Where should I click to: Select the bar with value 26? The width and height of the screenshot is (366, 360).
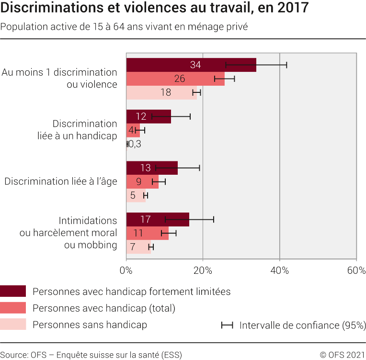tap(175, 79)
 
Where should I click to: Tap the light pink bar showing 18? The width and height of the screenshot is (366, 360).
tap(161, 92)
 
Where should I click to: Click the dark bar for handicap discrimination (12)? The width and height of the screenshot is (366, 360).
tap(149, 116)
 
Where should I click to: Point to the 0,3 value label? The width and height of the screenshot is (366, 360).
tap(135, 144)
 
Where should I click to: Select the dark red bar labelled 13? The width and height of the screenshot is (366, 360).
tap(151, 168)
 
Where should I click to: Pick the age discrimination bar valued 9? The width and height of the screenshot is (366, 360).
tap(142, 182)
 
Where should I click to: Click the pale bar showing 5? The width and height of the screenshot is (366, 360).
tap(136, 196)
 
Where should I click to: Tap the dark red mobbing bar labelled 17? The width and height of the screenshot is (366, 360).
tap(157, 220)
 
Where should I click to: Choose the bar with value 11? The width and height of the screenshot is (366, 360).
tap(147, 234)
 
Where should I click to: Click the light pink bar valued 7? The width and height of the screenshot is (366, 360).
tap(138, 247)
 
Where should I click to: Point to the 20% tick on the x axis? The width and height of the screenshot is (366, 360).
tap(203, 270)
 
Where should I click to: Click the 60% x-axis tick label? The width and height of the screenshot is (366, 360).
tap(355, 270)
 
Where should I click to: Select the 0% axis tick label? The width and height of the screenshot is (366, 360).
tap(126, 270)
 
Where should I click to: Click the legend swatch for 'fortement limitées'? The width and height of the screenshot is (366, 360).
tap(13, 291)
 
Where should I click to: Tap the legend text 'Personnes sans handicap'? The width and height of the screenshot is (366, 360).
tap(90, 325)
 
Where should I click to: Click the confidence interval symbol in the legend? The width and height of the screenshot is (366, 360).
tap(227, 325)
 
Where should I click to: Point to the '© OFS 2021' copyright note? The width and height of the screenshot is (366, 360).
tap(342, 355)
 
